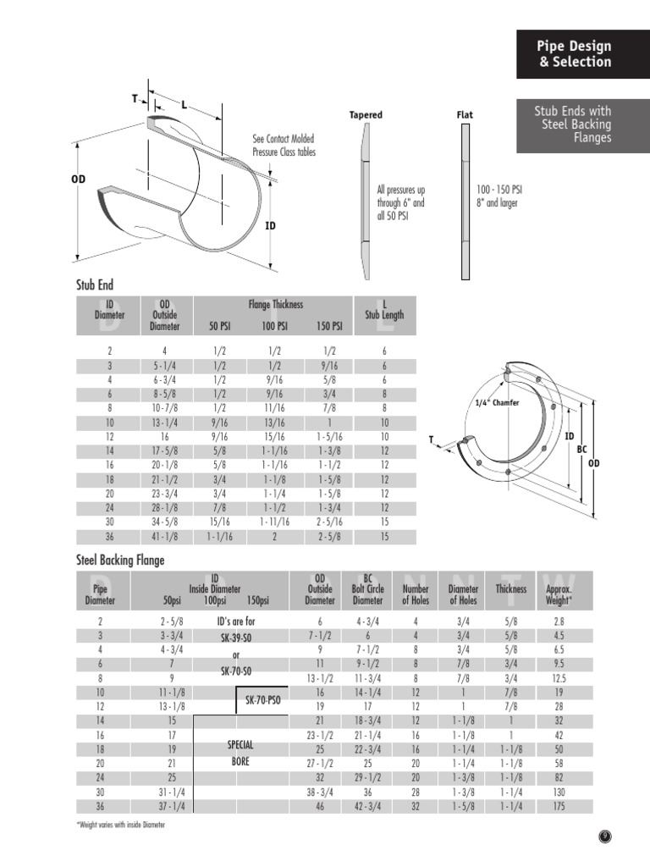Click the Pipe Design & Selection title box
[x=575, y=54]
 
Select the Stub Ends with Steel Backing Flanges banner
[x=575, y=124]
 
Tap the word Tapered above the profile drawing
[x=366, y=115]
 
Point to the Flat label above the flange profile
[x=465, y=115]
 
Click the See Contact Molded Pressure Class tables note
[x=284, y=146]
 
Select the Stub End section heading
[x=95, y=285]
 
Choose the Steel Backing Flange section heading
[x=120, y=560]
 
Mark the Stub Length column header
[x=384, y=314]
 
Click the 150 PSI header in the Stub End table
[x=329, y=326]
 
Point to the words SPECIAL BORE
[x=240, y=753]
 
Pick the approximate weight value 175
[x=559, y=807]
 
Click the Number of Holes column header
[x=416, y=594]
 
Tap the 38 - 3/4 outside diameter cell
[x=319, y=792]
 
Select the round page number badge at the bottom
[x=605, y=837]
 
